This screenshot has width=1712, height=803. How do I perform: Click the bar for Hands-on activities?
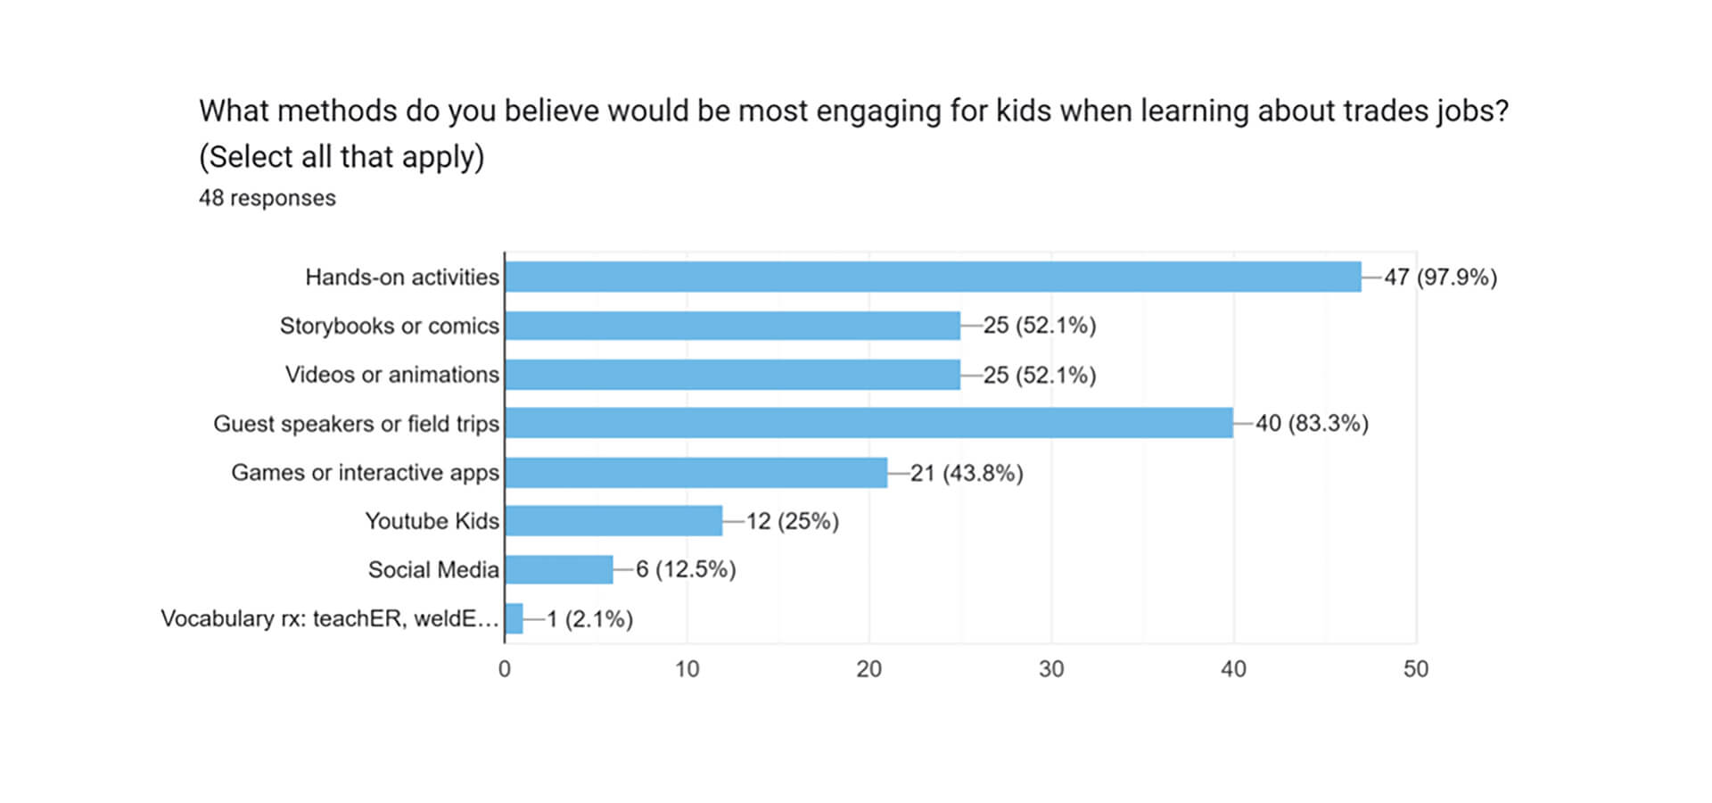pos(933,277)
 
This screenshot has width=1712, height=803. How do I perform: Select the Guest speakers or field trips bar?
pos(868,423)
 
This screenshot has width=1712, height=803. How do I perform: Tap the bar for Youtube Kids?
pos(613,521)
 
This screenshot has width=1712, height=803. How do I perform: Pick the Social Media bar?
pos(559,569)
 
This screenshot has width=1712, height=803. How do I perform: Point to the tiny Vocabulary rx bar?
pos(514,618)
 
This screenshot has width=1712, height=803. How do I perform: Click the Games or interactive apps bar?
pos(696,472)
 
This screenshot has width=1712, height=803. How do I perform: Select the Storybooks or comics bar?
pos(733,326)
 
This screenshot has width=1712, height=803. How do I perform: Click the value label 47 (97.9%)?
pos(1440,277)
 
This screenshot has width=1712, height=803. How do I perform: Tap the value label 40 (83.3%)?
pos(1312,423)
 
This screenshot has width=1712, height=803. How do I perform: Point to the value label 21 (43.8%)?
pos(967,473)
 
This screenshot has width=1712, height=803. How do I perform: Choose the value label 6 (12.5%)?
pos(686,569)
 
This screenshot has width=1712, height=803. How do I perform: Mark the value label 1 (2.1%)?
pos(589,619)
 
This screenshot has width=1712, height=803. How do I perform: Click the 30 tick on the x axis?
pos(1051,669)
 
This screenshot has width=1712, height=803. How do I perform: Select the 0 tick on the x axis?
pos(505,669)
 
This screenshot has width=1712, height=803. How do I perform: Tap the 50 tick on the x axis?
pos(1416,669)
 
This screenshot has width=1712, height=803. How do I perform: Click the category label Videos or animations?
pos(392,375)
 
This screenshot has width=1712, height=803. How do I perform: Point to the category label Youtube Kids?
pos(432,521)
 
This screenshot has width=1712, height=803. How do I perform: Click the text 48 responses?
pos(267,198)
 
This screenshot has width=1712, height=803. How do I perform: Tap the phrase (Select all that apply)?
pos(342,157)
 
